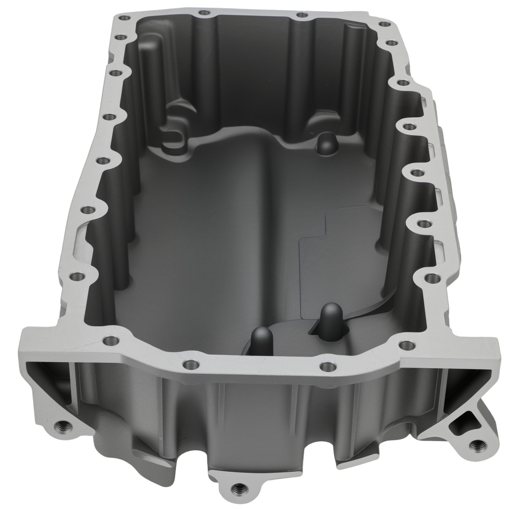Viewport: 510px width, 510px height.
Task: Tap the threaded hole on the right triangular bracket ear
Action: (477, 445)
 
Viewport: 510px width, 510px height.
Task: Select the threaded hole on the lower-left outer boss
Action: (64, 424)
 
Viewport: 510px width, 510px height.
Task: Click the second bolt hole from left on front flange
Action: (190, 364)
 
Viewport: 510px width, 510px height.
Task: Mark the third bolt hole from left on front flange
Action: (326, 365)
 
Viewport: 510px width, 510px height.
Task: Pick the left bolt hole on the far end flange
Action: (204, 12)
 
